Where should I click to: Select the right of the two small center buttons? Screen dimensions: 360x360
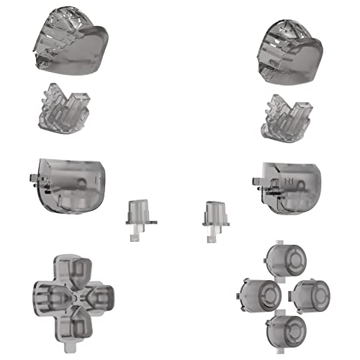tap(213, 217)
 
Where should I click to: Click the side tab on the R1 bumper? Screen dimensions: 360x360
tap(254, 176)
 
